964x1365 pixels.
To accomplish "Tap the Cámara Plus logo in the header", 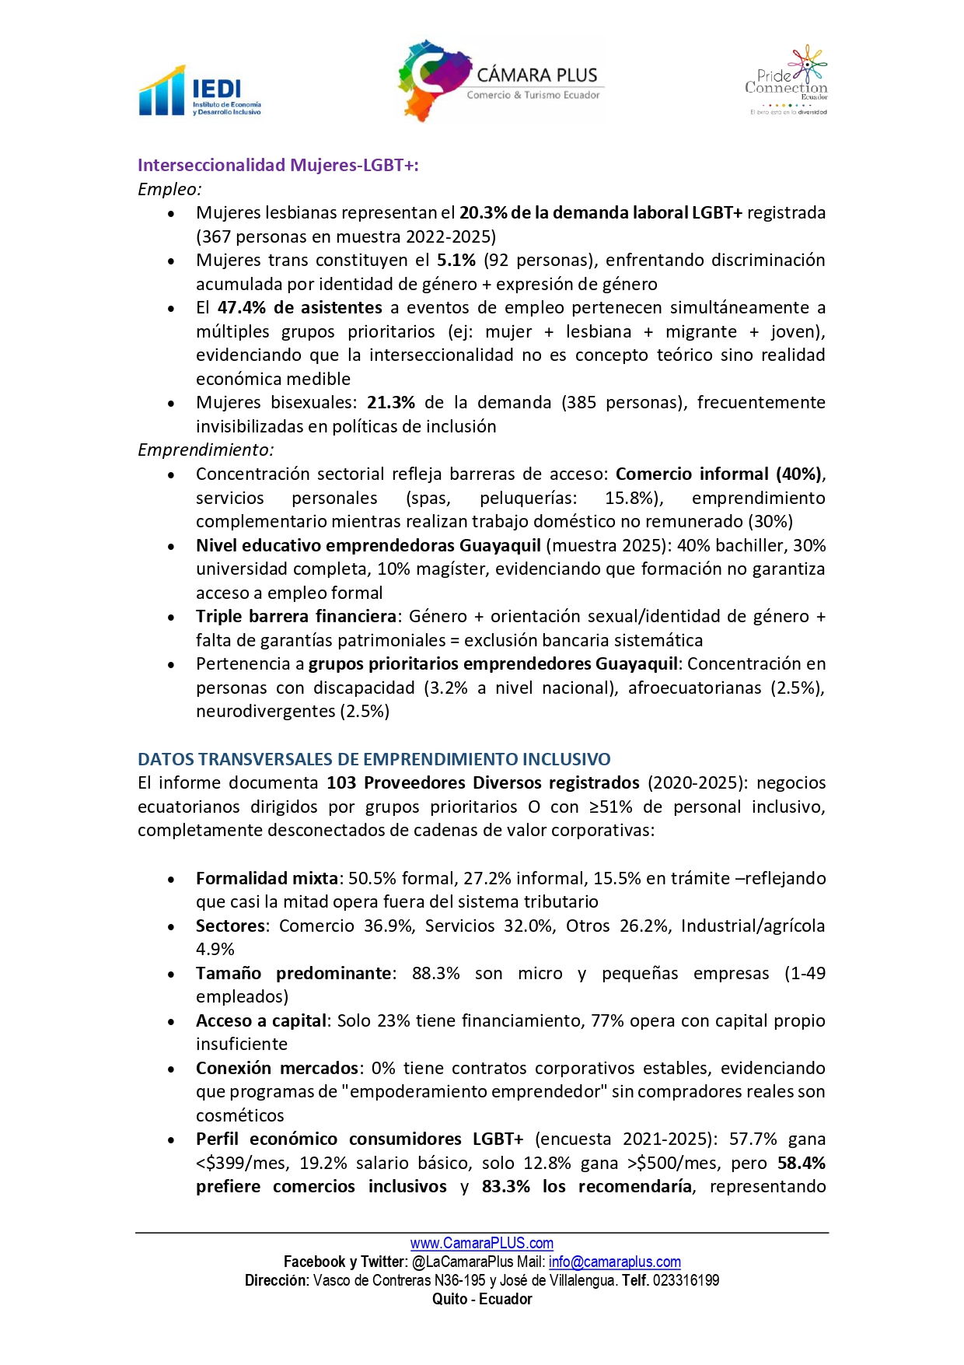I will tap(501, 81).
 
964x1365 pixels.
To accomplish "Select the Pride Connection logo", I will tap(787, 81).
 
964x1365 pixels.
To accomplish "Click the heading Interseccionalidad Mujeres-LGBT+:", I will tap(278, 165).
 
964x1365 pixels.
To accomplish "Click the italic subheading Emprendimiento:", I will tap(205, 450).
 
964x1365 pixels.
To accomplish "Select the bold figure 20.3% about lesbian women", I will tap(483, 212).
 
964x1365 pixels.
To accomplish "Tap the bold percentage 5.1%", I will tap(456, 260).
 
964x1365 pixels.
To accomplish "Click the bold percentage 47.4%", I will tap(241, 307).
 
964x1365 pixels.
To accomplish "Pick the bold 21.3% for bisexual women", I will tap(390, 402).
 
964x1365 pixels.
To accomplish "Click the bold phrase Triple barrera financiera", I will tap(296, 616).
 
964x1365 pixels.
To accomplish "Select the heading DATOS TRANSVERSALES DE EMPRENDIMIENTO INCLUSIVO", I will tap(374, 759).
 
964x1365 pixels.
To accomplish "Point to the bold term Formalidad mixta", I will tap(267, 878).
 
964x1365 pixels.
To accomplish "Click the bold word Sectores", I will tap(230, 926).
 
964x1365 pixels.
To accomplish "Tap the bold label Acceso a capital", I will tap(263, 1020).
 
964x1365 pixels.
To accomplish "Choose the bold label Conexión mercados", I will tap(277, 1068).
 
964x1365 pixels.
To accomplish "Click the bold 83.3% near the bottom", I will tap(505, 1186).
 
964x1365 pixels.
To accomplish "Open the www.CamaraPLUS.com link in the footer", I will tap(482, 1243).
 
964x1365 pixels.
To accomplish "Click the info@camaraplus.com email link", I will tap(614, 1262).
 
